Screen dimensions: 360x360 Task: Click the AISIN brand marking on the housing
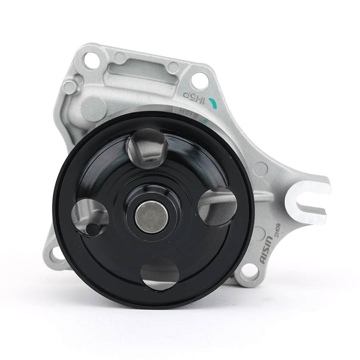(267, 249)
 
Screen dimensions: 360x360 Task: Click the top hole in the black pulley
(147, 148)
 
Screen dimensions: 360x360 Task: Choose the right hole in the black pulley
(218, 206)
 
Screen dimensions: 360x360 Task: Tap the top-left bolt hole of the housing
(91, 60)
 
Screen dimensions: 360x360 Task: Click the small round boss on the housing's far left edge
(70, 87)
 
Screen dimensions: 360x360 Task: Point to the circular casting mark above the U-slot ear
(260, 169)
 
